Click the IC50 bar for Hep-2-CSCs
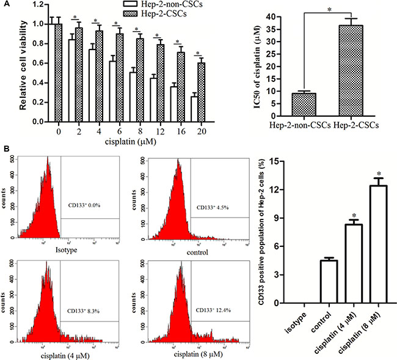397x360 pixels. pyautogui.click(x=355, y=73)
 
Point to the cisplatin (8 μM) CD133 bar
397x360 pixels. pyautogui.click(x=378, y=244)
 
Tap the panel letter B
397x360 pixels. pyautogui.click(x=5, y=148)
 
